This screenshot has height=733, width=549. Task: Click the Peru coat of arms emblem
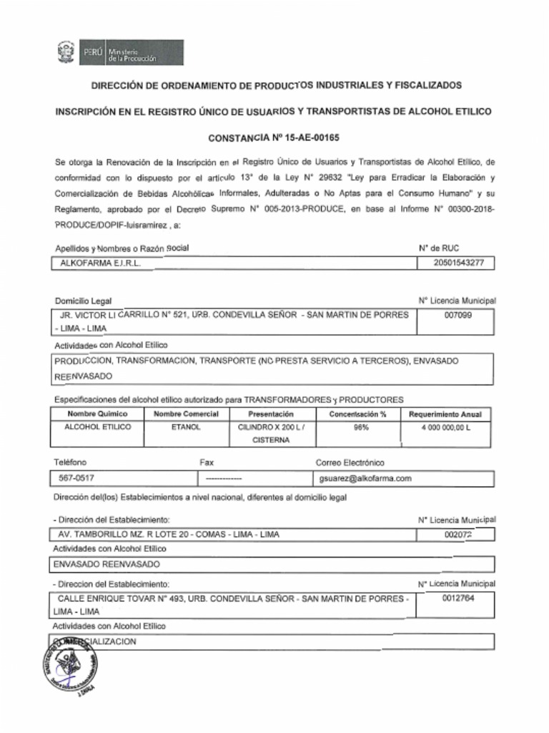pyautogui.click(x=66, y=52)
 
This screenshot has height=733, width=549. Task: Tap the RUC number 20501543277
pyautogui.click(x=458, y=263)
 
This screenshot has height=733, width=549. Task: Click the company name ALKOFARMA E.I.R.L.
pyautogui.click(x=101, y=263)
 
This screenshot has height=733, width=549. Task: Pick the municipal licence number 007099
pyautogui.click(x=457, y=314)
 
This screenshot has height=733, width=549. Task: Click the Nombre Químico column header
pyautogui.click(x=97, y=414)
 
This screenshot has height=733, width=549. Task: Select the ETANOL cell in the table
pyautogui.click(x=186, y=427)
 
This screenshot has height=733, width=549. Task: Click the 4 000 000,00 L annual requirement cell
pyautogui.click(x=445, y=427)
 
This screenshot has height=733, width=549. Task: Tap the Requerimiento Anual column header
pyautogui.click(x=445, y=414)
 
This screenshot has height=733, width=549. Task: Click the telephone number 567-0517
pyautogui.click(x=77, y=478)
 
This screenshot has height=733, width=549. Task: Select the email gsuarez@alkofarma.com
pyautogui.click(x=366, y=478)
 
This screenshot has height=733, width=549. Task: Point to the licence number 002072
pyautogui.click(x=457, y=535)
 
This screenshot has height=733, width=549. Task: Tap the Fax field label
pyautogui.click(x=207, y=462)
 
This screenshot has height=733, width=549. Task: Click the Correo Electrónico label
pyautogui.click(x=350, y=462)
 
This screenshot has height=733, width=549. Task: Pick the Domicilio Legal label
pyautogui.click(x=83, y=301)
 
